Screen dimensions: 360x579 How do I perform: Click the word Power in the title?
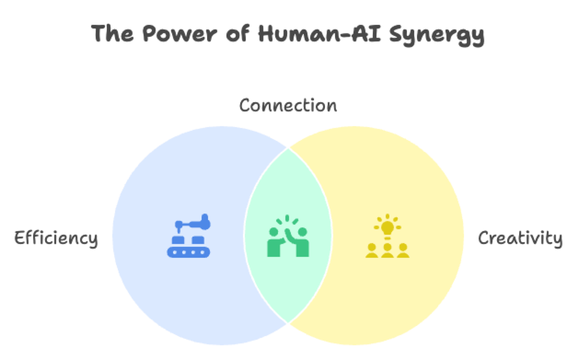click(x=180, y=35)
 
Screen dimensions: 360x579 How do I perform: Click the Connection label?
click(x=288, y=105)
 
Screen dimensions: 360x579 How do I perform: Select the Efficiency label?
click(x=56, y=238)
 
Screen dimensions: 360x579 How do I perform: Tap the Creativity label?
click(x=521, y=238)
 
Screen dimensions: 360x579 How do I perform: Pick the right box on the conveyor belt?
click(x=198, y=240)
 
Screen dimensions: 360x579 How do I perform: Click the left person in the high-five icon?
click(x=275, y=243)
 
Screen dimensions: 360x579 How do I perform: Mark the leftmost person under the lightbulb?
click(x=371, y=250)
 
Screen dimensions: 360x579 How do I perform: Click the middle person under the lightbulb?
click(x=388, y=250)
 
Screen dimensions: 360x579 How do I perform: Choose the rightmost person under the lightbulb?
click(x=403, y=250)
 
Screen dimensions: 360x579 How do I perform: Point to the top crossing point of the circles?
click(x=288, y=148)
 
